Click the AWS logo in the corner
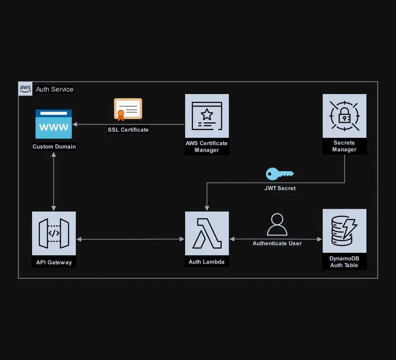[25, 89]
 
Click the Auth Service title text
[55, 89]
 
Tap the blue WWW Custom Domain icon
[54, 124]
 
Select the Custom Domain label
[54, 147]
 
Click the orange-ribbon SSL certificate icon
[128, 109]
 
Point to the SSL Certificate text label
[128, 130]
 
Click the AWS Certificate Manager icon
[207, 116]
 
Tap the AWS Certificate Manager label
[207, 147]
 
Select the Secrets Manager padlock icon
[344, 116]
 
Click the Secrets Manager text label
[344, 146]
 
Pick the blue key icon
[279, 174]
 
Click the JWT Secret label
[280, 188]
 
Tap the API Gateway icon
[54, 233]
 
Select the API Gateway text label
[54, 262]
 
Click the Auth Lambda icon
[207, 233]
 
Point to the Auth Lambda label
[207, 262]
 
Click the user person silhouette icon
[277, 225]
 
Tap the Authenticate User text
[277, 243]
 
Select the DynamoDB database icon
[344, 231]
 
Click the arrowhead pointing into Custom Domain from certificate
[75, 125]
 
